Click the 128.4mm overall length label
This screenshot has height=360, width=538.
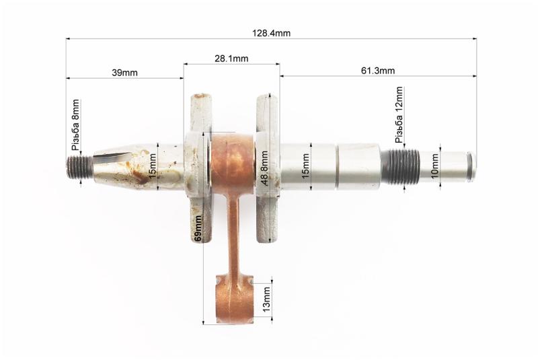(x=272, y=33)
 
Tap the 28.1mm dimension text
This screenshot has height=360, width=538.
(x=231, y=59)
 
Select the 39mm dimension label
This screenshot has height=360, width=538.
(x=124, y=73)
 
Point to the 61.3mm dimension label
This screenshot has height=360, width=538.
(x=378, y=71)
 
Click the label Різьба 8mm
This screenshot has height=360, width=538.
(x=76, y=125)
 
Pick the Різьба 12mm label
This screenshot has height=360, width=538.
(x=399, y=114)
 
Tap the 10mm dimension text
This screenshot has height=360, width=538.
(x=434, y=166)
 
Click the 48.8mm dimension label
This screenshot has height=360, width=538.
(x=264, y=168)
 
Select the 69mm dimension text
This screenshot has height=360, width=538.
(x=197, y=229)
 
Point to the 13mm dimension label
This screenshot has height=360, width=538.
(x=266, y=300)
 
